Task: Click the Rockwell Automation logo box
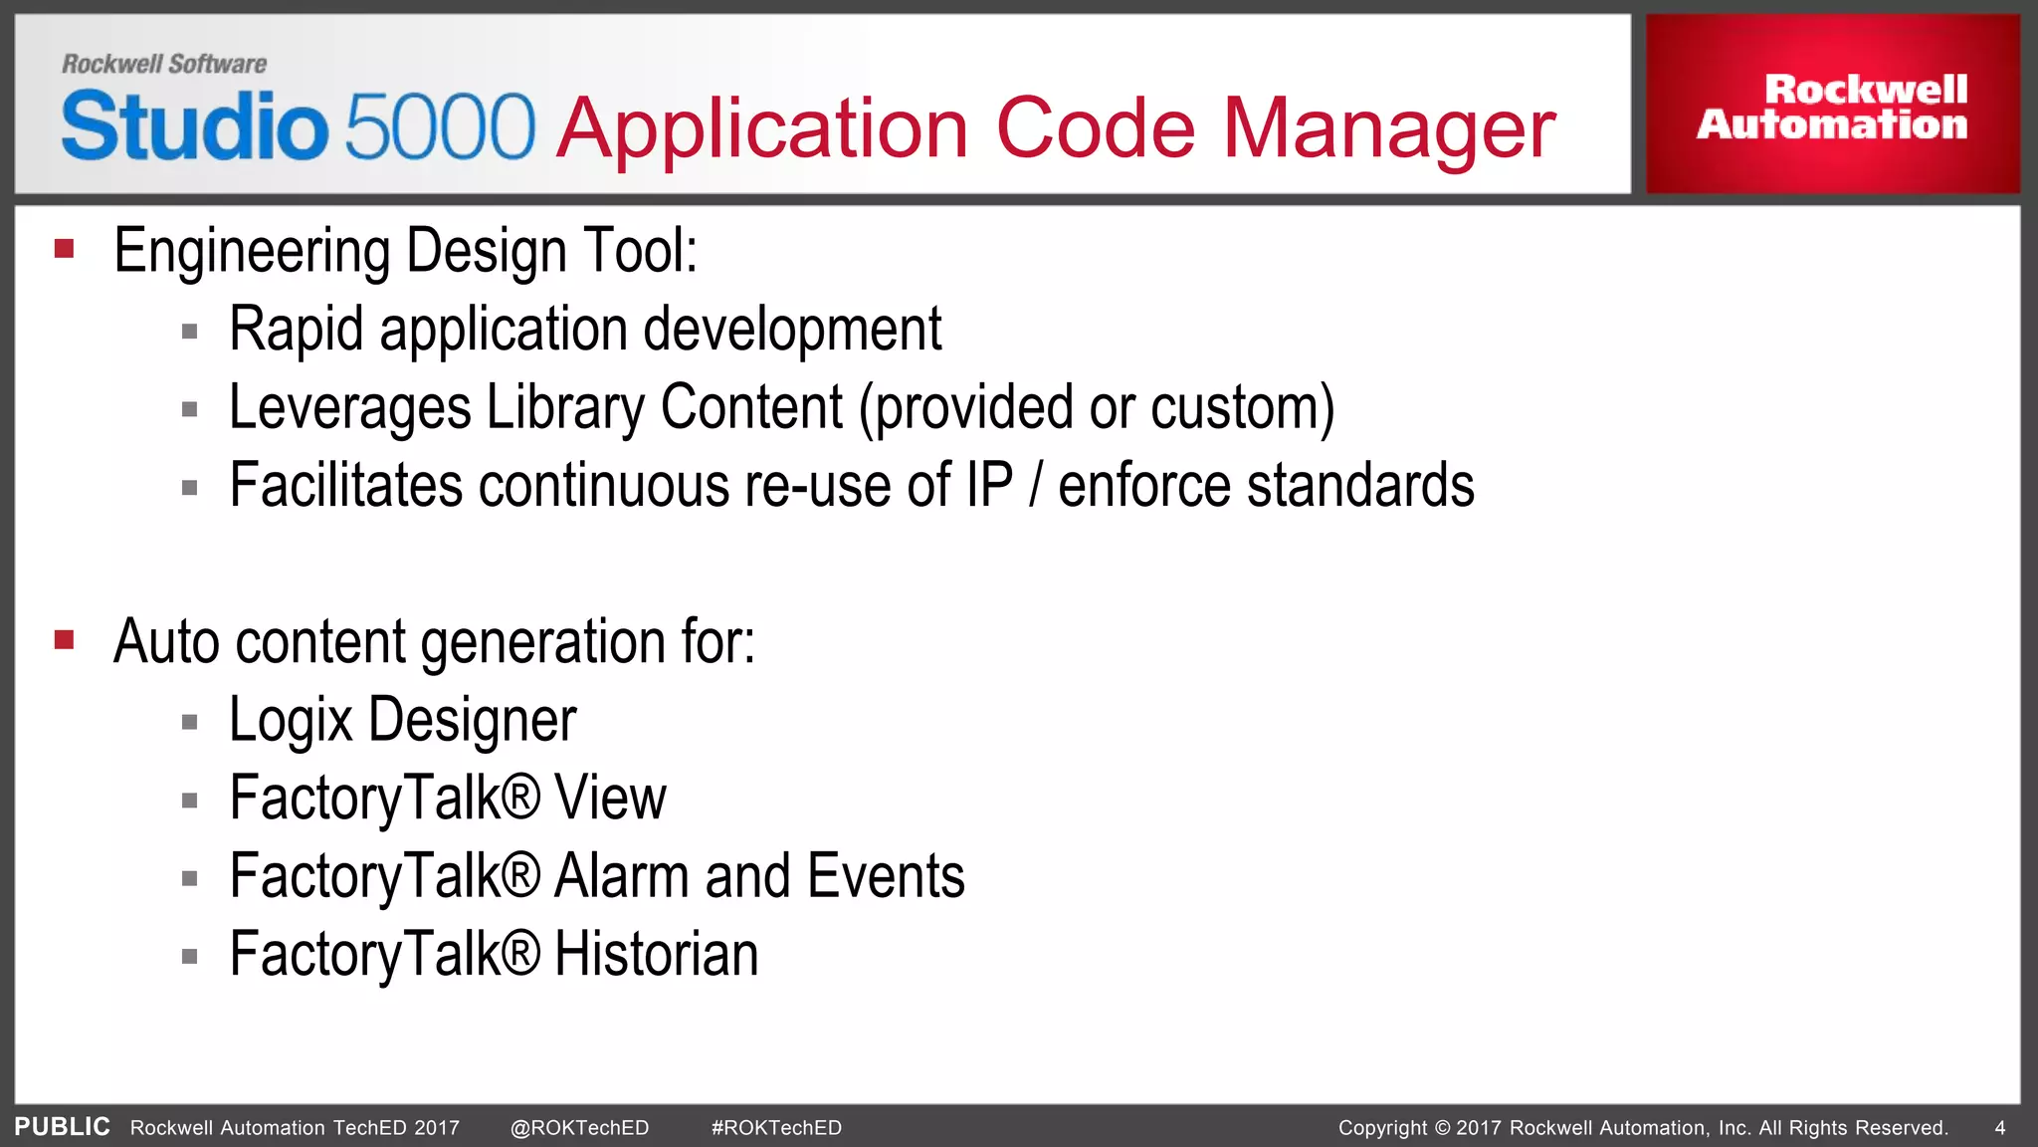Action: click(1832, 105)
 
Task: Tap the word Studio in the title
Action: click(194, 126)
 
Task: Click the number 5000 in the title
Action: click(440, 126)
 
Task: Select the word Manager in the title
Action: click(1388, 128)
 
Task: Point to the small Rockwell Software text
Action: click(164, 64)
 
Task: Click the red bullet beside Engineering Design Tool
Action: click(65, 249)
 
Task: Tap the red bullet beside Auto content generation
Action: click(65, 639)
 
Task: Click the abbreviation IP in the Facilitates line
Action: click(989, 486)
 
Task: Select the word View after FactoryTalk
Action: click(609, 799)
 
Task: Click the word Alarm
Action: click(621, 876)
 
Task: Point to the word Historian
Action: click(656, 955)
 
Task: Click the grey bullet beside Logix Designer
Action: click(190, 722)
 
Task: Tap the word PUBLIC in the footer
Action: click(62, 1127)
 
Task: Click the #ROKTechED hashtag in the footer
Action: click(776, 1128)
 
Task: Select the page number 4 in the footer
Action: click(1999, 1128)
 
